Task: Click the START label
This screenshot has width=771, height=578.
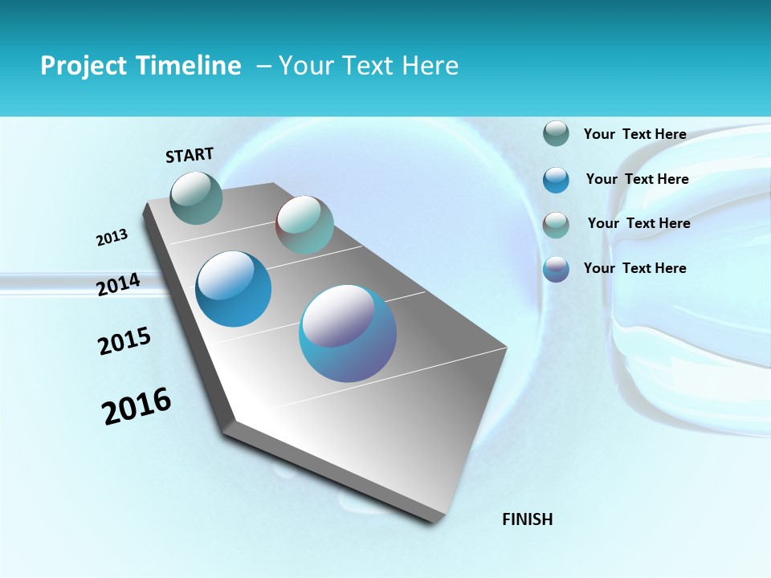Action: click(x=190, y=155)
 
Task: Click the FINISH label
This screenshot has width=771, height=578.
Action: click(x=527, y=519)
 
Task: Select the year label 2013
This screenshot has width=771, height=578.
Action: click(x=112, y=238)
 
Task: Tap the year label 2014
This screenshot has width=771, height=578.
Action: click(x=118, y=285)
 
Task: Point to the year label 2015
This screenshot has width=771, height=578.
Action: click(x=124, y=341)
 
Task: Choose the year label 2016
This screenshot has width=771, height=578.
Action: click(x=137, y=405)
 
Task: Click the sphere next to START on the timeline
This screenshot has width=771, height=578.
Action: click(x=197, y=197)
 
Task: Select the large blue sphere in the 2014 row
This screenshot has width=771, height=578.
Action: click(x=234, y=289)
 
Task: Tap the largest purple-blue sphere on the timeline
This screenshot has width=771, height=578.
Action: click(x=348, y=333)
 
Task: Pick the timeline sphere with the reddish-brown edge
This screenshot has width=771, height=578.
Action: click(x=304, y=224)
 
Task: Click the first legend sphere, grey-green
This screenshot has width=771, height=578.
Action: click(x=556, y=134)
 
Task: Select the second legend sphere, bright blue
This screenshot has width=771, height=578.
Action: click(x=556, y=180)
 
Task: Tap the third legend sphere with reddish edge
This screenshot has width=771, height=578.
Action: click(x=556, y=225)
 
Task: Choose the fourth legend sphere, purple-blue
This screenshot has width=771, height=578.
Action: click(x=556, y=269)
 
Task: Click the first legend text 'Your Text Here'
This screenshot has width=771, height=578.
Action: click(x=634, y=134)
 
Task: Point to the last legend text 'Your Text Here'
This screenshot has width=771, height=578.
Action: click(x=634, y=268)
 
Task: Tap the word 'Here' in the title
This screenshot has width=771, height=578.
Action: click(x=430, y=66)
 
